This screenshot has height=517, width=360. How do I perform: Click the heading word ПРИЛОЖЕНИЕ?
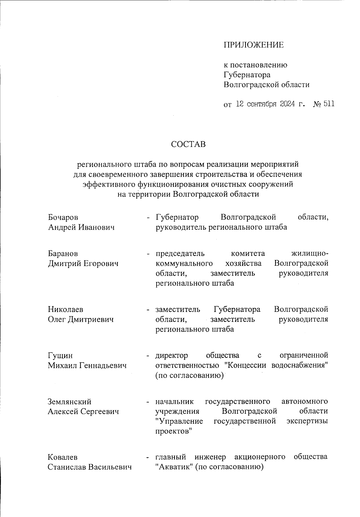(x=253, y=45)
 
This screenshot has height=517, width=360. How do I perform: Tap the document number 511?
(x=329, y=104)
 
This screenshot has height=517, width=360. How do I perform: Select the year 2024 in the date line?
(x=288, y=104)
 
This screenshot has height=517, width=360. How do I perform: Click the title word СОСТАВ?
(x=188, y=144)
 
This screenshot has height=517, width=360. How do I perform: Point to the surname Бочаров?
(x=63, y=217)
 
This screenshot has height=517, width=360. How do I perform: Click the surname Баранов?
(x=63, y=254)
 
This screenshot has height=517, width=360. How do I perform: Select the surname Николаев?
(x=65, y=309)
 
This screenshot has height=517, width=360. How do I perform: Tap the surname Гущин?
(x=60, y=355)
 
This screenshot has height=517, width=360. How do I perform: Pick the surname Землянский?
(x=69, y=402)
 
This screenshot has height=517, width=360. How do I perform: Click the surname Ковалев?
(x=62, y=457)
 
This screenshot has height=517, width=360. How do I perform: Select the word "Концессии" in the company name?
(x=246, y=365)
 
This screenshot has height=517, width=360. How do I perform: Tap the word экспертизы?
(x=307, y=421)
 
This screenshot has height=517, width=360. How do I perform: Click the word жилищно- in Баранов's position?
(x=310, y=254)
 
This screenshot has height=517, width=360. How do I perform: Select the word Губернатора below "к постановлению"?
(x=247, y=75)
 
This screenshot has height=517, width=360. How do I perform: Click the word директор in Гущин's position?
(x=172, y=355)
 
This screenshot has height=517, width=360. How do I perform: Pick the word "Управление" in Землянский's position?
(x=179, y=421)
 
